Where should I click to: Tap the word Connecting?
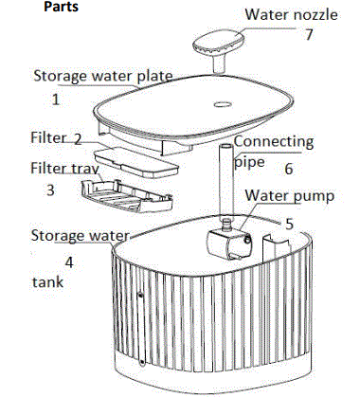(273, 141)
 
